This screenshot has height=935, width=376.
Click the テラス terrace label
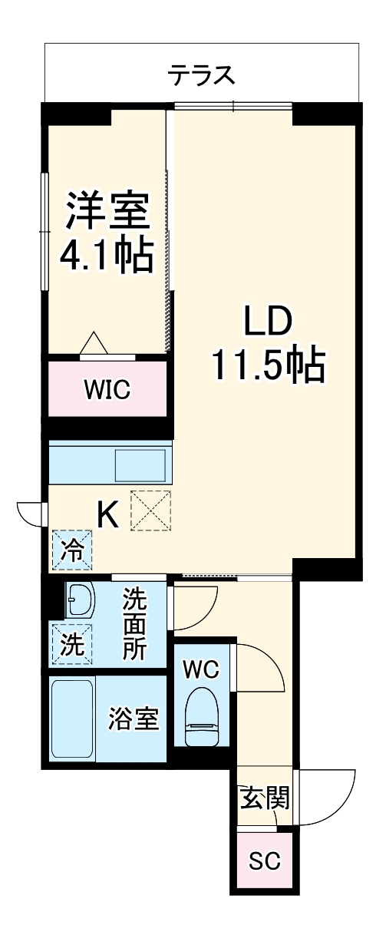pos(201,76)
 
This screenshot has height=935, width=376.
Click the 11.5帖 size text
pos(268,367)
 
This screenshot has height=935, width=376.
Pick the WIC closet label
pos(107,389)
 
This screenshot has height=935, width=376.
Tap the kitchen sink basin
pos(140,464)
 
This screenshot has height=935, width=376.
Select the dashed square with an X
pos(150,510)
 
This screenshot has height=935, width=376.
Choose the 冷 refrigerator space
pos(71,550)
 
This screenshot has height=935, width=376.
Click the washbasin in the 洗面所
pos(78,601)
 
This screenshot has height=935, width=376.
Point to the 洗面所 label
pos(135,624)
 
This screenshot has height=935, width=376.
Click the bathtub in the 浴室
pos(73,719)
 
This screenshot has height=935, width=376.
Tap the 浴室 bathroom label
pos(134,719)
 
